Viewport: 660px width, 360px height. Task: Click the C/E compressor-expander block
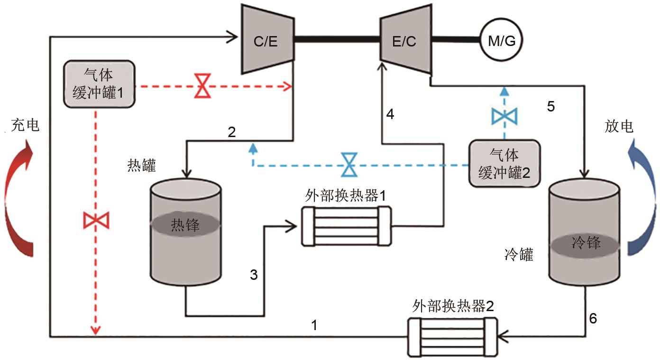(266, 40)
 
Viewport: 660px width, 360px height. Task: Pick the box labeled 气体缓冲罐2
(504, 163)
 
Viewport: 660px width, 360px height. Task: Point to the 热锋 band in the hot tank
(185, 225)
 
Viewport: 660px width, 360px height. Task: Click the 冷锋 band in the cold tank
(585, 244)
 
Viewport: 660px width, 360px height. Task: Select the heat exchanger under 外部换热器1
(346, 226)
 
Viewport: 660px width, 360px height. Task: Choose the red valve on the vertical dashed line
(96, 220)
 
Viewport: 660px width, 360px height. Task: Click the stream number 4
(390, 114)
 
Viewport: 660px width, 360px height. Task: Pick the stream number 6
(593, 319)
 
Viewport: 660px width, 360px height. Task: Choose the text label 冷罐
(519, 256)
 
